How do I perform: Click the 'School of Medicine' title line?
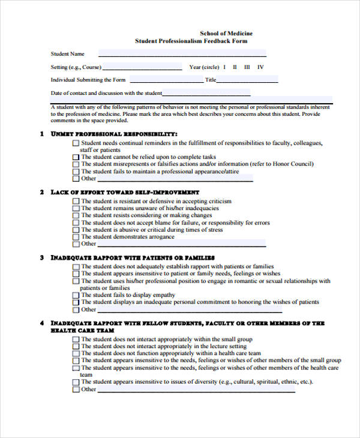tap(226, 33)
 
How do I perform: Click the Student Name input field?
tap(155, 53)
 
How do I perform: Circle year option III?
tap(247, 67)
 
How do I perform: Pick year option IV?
tap(260, 67)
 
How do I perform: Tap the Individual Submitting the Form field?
tap(166, 80)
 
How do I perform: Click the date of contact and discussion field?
tap(206, 94)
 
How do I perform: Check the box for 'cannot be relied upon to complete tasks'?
tap(76, 157)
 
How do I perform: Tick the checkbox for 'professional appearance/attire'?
tap(76, 172)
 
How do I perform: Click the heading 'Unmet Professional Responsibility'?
tap(114, 134)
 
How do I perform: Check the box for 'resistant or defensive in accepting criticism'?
tap(76, 202)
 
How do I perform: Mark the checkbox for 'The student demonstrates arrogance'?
tap(76, 237)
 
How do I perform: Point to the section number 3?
tap(42, 258)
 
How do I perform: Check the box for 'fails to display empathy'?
tap(76, 295)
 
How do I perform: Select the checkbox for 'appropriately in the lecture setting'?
tap(76, 347)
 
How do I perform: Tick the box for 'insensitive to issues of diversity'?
tap(76, 382)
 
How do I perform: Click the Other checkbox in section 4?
tap(76, 389)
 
